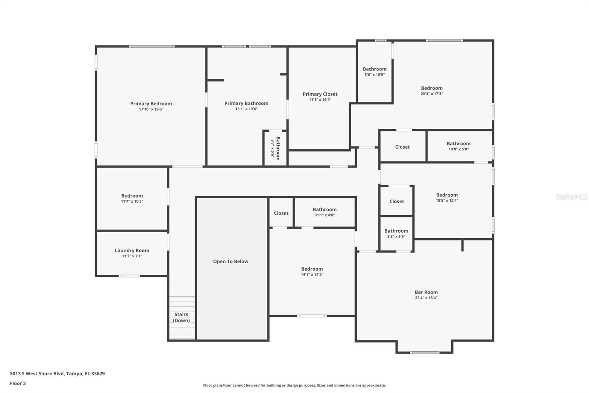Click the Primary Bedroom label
pos(151,104)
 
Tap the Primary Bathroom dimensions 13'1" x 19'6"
pos(246,109)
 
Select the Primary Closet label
pos(320,94)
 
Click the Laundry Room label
pos(132,250)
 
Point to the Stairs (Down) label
pos(181,317)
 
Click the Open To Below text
pos(230,261)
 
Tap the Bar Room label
pos(426,292)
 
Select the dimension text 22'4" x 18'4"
pos(426,298)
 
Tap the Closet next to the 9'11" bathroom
pos(281,213)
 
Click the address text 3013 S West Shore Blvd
pos(57,373)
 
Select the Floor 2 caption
pos(18,383)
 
